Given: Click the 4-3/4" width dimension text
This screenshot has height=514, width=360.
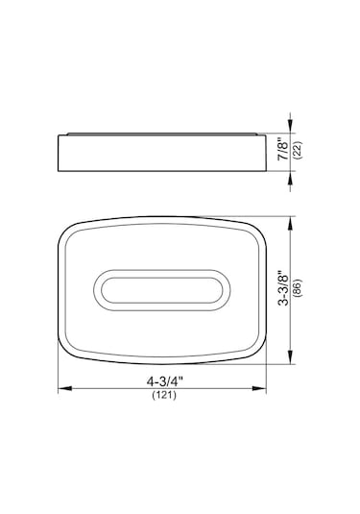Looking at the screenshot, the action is click(164, 381).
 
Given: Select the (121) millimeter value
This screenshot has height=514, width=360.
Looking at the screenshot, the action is click(164, 395).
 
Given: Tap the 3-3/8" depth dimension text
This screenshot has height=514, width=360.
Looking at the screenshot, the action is click(283, 288).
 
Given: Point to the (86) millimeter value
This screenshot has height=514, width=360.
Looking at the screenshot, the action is click(299, 288).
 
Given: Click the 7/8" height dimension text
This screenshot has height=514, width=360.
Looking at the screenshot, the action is click(283, 151).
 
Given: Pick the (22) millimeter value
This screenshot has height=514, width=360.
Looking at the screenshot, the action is click(299, 150).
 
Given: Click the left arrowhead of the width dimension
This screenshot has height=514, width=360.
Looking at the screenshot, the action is click(65, 388).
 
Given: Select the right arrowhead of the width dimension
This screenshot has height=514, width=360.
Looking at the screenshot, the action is click(259, 388).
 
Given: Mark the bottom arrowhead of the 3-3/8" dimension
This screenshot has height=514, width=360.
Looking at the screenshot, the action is click(290, 357).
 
